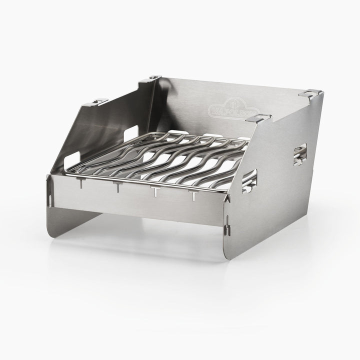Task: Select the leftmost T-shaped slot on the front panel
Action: (x=78, y=185)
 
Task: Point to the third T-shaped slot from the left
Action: (x=154, y=192)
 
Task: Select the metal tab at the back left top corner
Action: (x=153, y=78)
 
